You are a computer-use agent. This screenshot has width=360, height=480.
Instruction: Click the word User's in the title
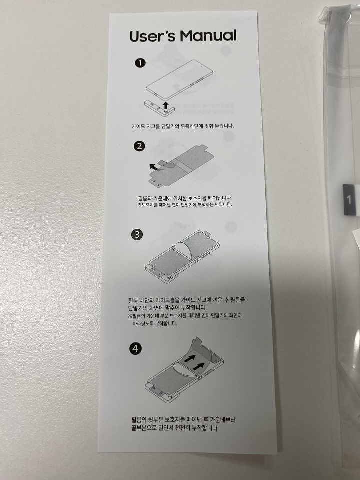153,36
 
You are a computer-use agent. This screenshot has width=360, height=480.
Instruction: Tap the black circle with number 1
141,63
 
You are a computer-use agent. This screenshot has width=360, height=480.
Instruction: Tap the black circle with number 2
140,146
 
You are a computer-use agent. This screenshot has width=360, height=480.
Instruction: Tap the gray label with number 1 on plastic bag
349,199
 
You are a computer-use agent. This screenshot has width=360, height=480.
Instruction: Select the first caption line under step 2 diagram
185,198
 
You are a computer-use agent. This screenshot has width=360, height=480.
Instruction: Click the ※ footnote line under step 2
185,205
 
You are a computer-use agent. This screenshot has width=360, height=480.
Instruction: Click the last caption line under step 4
178,428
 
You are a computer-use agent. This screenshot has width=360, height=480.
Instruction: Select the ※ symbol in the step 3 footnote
130,316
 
